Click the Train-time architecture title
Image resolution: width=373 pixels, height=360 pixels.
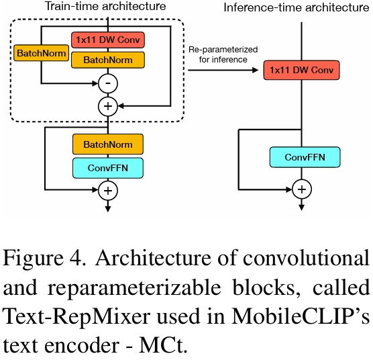coord(105,7)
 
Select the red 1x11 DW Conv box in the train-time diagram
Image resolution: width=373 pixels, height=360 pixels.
coord(107,40)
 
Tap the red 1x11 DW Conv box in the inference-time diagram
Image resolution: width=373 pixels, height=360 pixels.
coord(301,69)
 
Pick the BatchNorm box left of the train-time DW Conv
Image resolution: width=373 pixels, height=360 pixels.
coord(42,52)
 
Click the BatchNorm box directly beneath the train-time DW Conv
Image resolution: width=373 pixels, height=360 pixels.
coord(107,60)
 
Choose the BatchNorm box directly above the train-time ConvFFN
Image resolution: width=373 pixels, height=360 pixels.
coord(107,144)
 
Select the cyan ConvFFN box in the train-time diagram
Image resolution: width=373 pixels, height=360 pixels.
coord(107,166)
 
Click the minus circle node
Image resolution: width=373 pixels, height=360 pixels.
coord(107,83)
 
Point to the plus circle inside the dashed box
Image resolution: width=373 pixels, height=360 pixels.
coord(107,105)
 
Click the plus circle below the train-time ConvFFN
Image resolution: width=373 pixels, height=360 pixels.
coord(107,191)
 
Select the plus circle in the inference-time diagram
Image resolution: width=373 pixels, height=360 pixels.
coord(301,189)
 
